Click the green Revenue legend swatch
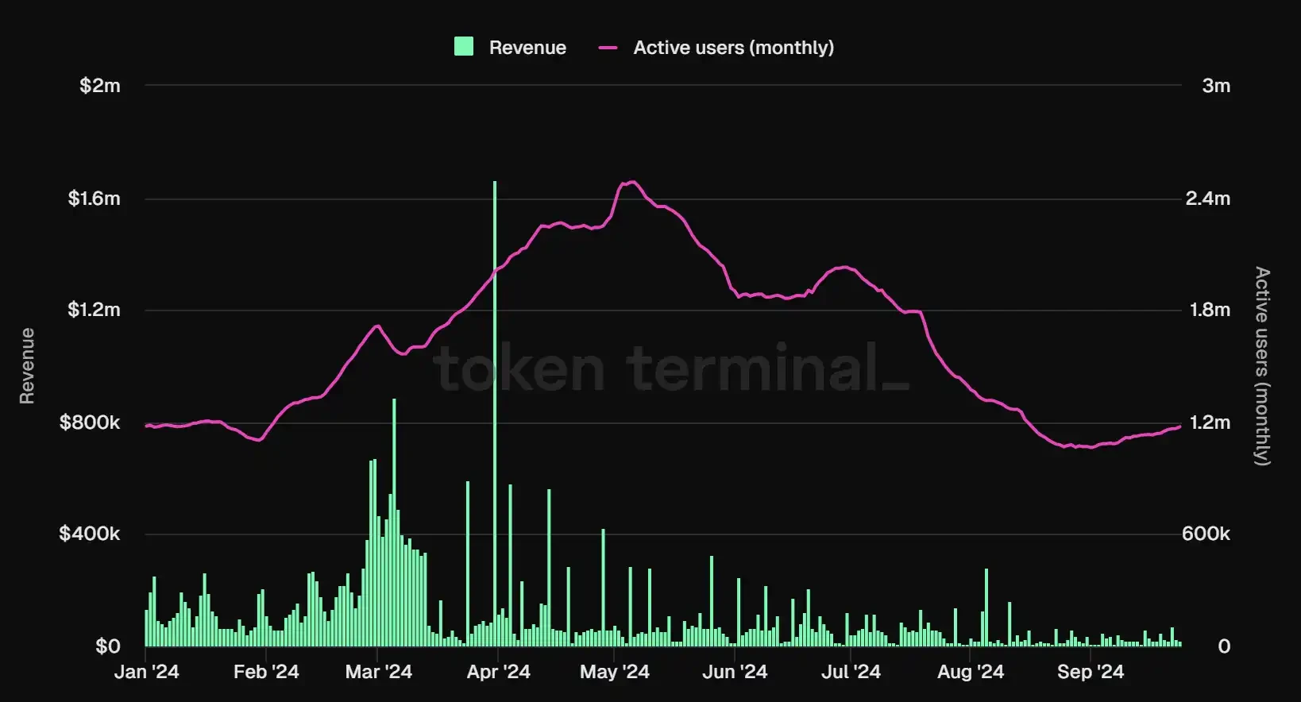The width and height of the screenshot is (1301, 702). [x=464, y=47]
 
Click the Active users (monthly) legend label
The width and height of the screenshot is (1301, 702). [x=733, y=48]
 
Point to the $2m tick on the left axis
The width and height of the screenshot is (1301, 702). [x=100, y=86]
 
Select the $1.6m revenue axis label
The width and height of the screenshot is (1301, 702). [x=94, y=199]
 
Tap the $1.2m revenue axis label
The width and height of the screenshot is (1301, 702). [x=94, y=310]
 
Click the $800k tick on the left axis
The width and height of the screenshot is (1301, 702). [x=90, y=422]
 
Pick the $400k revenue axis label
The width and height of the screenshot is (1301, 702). [x=90, y=534]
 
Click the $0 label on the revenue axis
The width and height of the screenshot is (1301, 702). [x=108, y=646]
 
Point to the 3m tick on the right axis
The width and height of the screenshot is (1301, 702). [x=1215, y=86]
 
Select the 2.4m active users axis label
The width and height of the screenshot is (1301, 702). [x=1207, y=199]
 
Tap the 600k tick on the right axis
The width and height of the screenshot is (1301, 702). [x=1206, y=534]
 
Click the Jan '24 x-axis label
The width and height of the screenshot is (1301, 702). [x=147, y=672]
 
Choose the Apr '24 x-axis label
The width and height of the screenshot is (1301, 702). [x=498, y=672]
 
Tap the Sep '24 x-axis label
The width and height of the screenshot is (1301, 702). [x=1090, y=672]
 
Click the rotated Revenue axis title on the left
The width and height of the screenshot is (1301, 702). [x=27, y=366]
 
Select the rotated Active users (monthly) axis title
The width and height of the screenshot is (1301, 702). [x=1262, y=366]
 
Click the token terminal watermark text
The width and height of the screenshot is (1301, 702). [x=671, y=368]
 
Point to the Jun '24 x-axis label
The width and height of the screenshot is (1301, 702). [x=735, y=672]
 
